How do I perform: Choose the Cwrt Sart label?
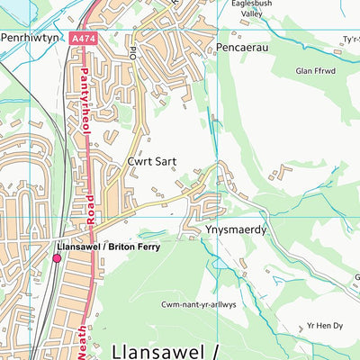151,161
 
